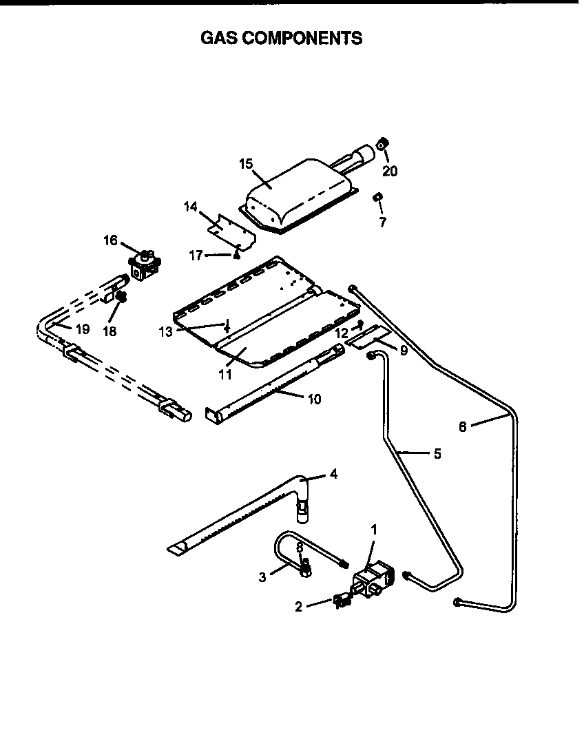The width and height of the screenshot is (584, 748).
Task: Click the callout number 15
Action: (246, 164)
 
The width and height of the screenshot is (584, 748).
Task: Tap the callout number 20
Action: (390, 171)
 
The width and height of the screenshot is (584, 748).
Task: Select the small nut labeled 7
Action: (377, 198)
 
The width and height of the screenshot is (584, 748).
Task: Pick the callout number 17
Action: (196, 256)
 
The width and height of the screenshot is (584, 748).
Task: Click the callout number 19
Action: (82, 329)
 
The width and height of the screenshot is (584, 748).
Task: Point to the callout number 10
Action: (314, 399)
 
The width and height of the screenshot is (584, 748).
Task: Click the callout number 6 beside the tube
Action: (463, 426)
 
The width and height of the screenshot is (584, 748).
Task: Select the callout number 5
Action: (437, 454)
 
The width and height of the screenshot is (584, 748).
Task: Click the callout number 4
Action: (333, 474)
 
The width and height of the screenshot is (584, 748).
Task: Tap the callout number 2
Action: (299, 607)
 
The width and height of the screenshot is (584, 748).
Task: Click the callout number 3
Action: (262, 577)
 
